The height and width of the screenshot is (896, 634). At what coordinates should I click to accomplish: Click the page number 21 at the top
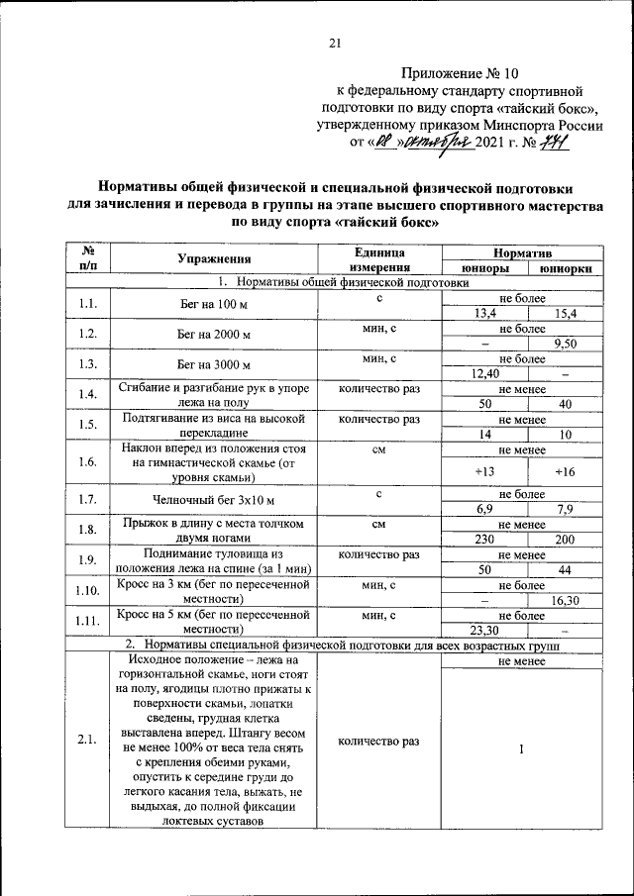click(335, 43)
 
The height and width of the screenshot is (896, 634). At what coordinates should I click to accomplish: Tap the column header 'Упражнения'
click(213, 259)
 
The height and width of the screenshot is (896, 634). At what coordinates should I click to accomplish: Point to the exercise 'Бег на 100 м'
click(213, 305)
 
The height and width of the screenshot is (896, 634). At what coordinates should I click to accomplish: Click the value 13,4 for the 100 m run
click(484, 313)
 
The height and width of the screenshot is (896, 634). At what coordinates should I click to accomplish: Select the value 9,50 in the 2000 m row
click(566, 343)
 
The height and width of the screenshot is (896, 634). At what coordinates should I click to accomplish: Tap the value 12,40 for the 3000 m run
click(484, 372)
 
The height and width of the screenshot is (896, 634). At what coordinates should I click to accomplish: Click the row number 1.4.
click(87, 395)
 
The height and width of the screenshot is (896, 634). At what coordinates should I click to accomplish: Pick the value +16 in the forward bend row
click(566, 471)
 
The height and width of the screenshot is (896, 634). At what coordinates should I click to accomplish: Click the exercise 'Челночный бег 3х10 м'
click(213, 500)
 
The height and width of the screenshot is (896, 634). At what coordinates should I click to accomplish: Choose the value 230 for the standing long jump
click(484, 539)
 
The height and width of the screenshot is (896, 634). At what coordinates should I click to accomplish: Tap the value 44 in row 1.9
click(566, 569)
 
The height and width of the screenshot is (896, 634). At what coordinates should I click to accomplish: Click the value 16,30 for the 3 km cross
click(566, 599)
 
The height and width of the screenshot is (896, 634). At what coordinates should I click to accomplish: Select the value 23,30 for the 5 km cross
click(484, 630)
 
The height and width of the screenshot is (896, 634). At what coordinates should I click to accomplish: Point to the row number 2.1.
click(87, 741)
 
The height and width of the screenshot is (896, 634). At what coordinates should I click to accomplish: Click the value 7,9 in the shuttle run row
click(566, 509)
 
